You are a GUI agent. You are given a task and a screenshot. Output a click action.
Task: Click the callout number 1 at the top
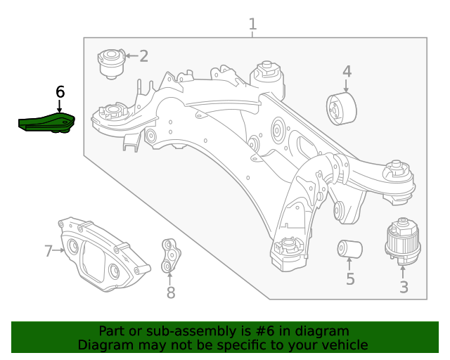tap(252, 25)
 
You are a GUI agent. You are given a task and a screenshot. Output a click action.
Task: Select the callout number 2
tap(143, 56)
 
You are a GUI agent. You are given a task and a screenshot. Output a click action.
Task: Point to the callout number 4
tap(347, 71)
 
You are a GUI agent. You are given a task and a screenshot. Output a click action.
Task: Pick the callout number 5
tap(350, 280)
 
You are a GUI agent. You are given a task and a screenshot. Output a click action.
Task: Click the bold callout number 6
tap(60, 91)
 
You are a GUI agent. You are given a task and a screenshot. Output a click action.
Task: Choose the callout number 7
tap(49, 251)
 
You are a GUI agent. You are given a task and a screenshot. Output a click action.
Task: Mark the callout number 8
tap(171, 292)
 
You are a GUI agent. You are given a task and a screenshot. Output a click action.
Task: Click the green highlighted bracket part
tap(46, 123)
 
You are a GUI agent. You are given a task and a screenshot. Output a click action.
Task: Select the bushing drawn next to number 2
tap(110, 63)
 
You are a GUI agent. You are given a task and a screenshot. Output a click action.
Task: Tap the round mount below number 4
tap(342, 110)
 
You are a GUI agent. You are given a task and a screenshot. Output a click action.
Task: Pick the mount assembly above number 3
tap(403, 240)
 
